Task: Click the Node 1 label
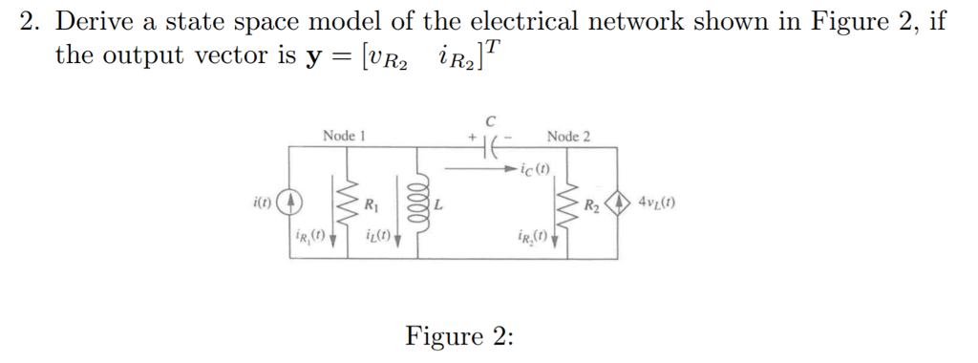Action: [x=344, y=136]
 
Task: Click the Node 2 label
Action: [x=568, y=136]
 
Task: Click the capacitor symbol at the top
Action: [x=490, y=148]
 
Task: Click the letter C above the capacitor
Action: [x=491, y=121]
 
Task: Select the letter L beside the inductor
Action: [x=436, y=205]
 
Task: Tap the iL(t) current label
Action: [x=377, y=234]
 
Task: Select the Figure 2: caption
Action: [x=459, y=336]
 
